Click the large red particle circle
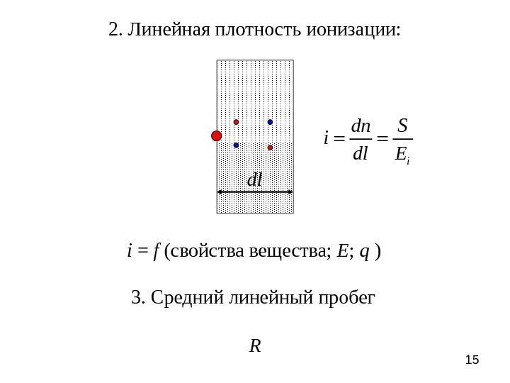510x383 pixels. point(217,135)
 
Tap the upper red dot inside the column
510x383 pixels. point(236,122)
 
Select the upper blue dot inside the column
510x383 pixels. point(270,122)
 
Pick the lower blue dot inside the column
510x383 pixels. point(236,145)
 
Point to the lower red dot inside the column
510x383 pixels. point(270,148)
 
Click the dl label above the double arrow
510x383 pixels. point(254,180)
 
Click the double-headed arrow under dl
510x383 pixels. point(255,192)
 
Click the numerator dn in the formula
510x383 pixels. point(361,126)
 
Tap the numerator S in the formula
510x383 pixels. point(402,126)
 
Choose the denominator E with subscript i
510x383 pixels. point(402,153)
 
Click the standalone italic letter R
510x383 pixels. point(255,346)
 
